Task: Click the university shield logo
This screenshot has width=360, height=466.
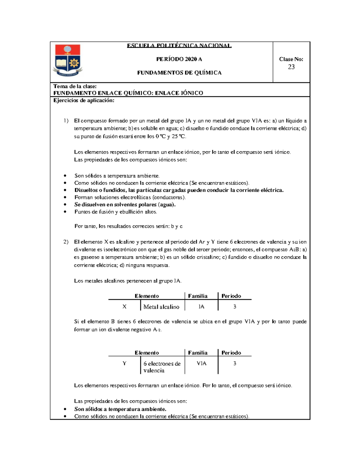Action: [x=68, y=60]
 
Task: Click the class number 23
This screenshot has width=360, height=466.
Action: [x=291, y=67]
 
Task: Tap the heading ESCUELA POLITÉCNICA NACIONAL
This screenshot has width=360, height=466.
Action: [x=179, y=46]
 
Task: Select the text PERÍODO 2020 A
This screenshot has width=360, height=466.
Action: [x=179, y=59]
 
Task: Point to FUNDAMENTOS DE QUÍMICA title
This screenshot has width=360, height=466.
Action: [x=179, y=73]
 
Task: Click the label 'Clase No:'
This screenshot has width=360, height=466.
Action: [x=291, y=59]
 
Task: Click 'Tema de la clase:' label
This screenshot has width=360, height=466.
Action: [x=75, y=86]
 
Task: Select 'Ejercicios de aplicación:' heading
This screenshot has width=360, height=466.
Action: [x=84, y=101]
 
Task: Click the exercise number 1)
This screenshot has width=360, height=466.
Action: [x=66, y=121]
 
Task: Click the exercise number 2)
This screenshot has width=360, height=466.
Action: [x=66, y=242]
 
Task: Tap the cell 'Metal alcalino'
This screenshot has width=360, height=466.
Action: [x=161, y=307]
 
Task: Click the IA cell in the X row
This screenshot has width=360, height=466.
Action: [x=201, y=307]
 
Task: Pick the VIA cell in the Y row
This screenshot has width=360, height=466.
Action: [x=201, y=363]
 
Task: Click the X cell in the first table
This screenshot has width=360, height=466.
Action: [x=124, y=307]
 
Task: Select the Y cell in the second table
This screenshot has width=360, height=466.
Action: [x=124, y=363]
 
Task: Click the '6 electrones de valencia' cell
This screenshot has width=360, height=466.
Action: [x=162, y=367]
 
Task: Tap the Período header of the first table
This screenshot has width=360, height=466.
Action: [x=231, y=296]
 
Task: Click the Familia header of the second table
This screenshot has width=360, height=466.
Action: [x=198, y=353]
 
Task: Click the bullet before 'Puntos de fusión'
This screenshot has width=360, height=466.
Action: [x=65, y=212]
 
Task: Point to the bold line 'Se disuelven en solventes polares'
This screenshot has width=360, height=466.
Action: [x=125, y=205]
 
